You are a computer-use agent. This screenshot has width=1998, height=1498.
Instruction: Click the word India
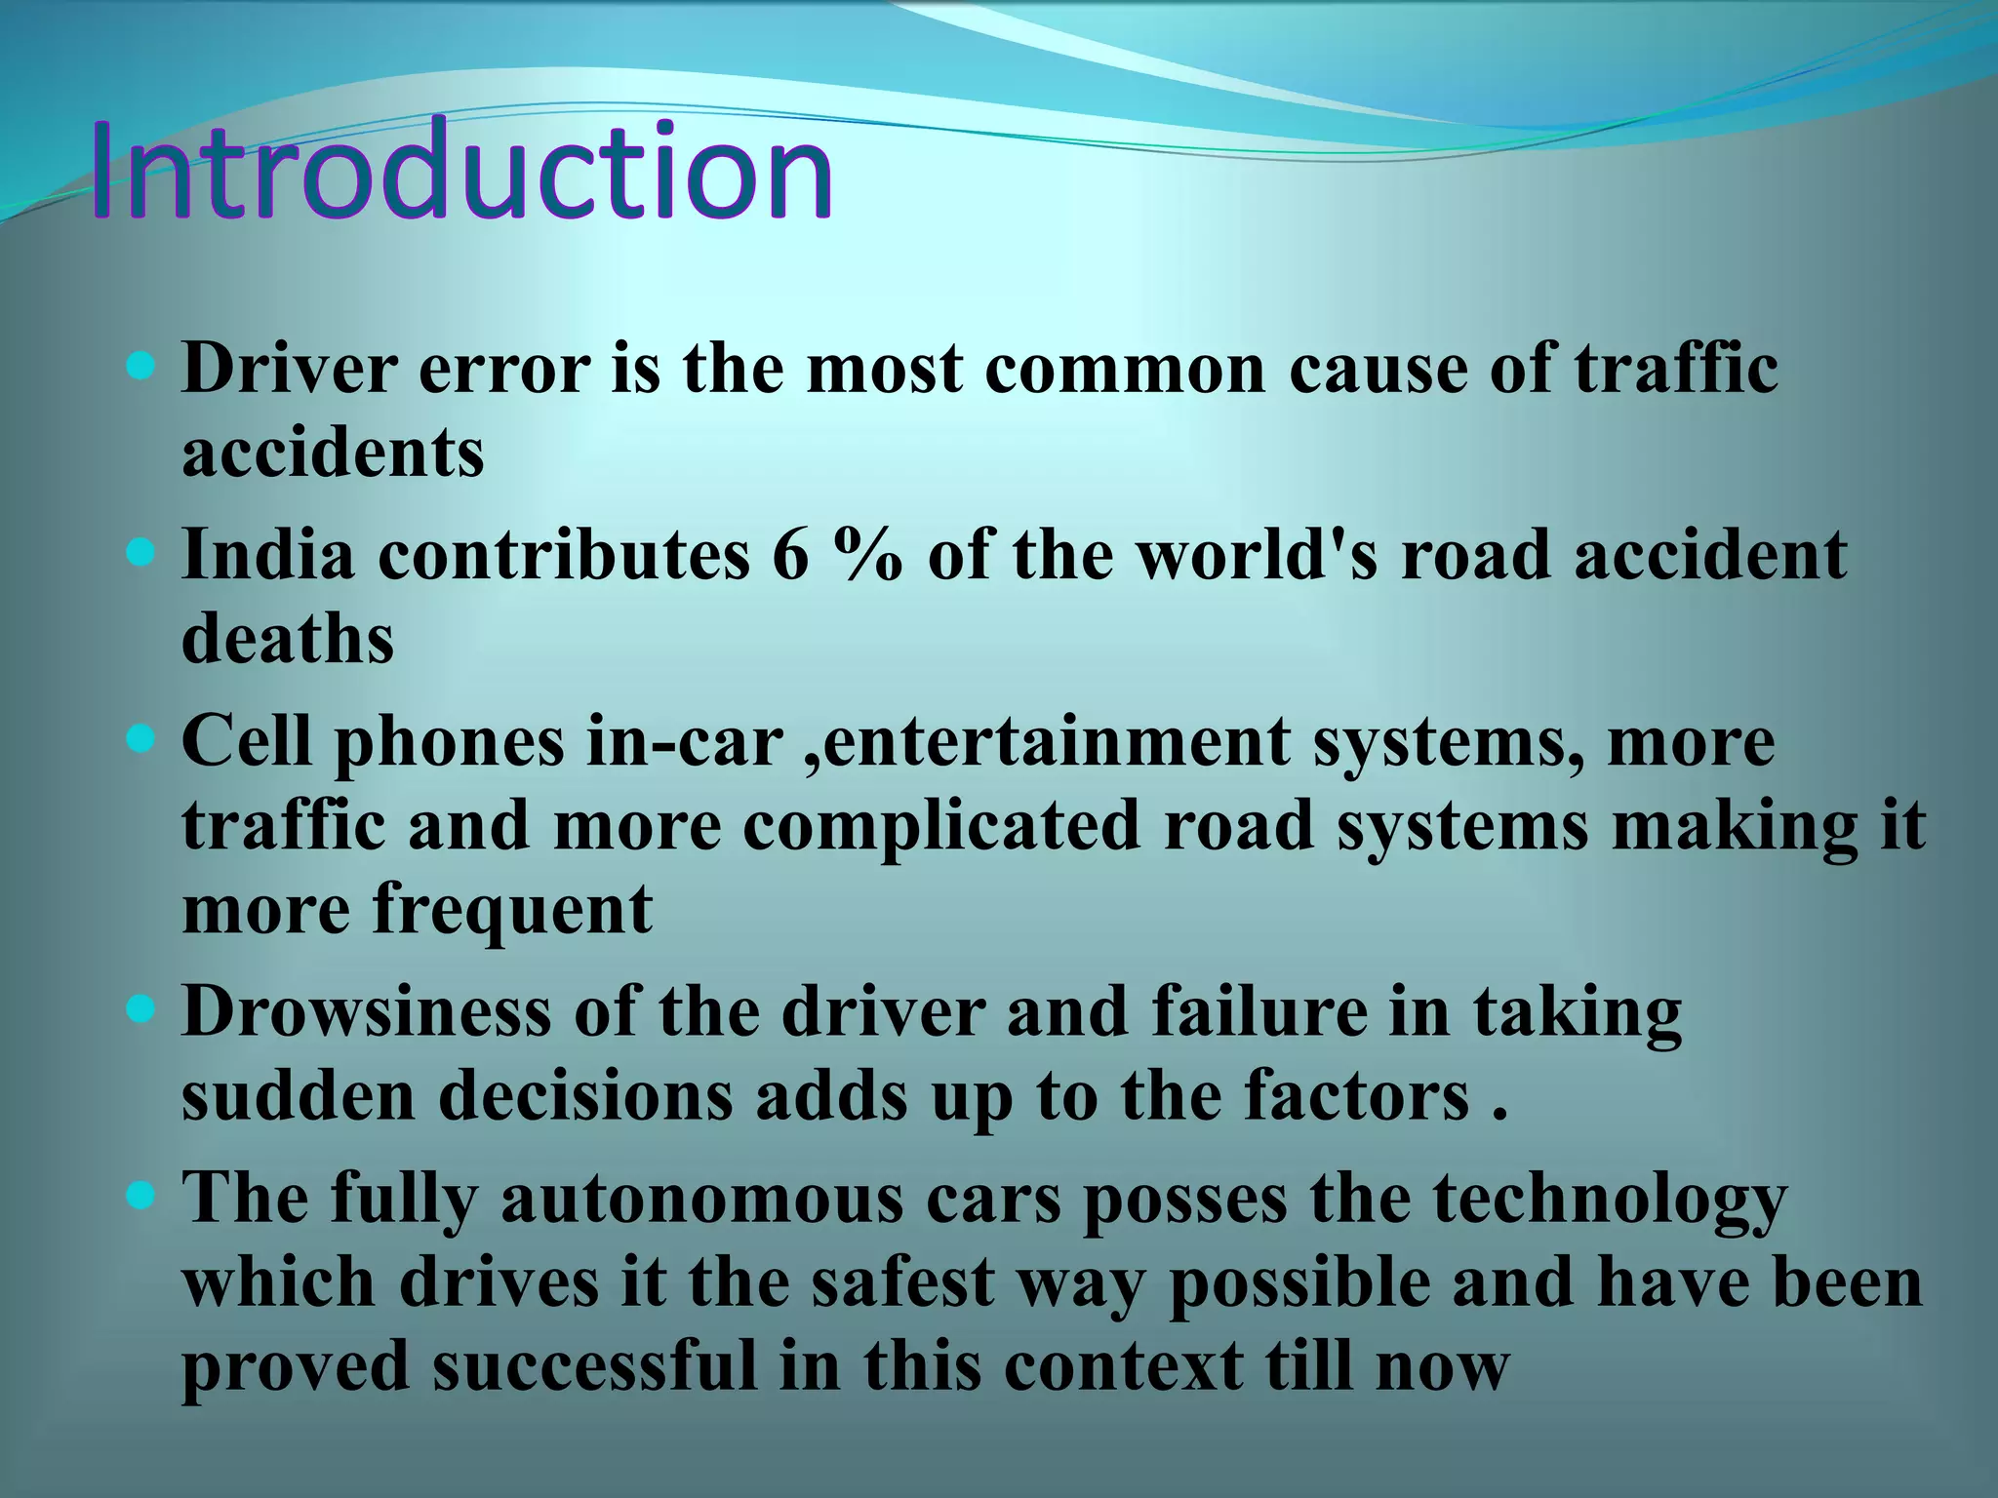pos(268,555)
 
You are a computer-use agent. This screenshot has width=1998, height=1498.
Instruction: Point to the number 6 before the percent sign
pos(790,555)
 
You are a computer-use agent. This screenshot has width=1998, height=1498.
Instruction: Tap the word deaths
pos(288,640)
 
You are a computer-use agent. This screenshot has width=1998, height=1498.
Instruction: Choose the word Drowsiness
pos(366,1012)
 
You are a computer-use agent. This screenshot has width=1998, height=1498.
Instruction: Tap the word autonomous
pos(702,1199)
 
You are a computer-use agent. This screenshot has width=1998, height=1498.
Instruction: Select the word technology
pos(1610,1199)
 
